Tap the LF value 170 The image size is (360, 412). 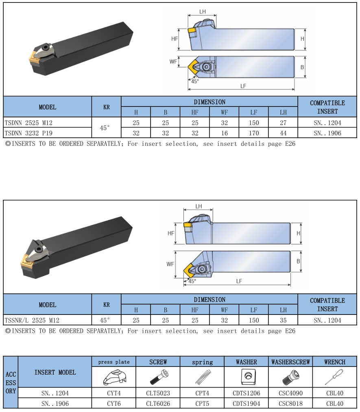[253, 133]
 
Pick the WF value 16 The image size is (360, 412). [224, 133]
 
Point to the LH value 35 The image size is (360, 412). [283, 320]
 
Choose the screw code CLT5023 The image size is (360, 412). [158, 393]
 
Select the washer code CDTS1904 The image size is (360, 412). [247, 403]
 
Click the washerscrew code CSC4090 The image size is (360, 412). [290, 393]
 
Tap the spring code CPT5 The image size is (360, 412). [202, 403]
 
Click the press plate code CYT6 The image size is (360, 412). [114, 403]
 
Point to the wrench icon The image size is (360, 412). [334, 377]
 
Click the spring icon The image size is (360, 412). [202, 377]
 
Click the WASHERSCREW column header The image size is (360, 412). [290, 362]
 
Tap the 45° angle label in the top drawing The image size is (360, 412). [195, 81]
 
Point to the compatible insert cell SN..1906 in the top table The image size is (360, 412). [327, 133]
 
